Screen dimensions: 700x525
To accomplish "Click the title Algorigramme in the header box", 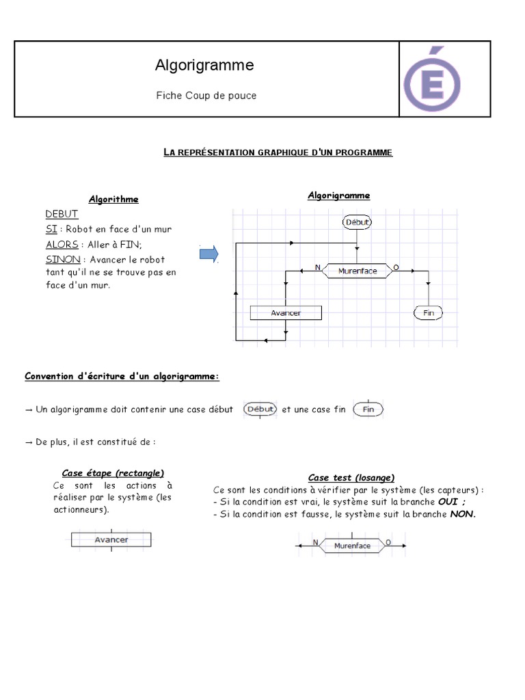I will point(204,65).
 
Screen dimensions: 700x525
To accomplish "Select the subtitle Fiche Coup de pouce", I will point(206,96).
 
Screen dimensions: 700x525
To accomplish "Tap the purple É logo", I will point(431,79).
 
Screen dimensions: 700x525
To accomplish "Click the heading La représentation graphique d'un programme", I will point(278,152).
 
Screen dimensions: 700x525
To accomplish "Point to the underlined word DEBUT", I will point(62,214).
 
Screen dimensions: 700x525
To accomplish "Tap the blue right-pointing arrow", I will point(208,254).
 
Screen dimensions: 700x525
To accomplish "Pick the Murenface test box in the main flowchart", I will point(358,271).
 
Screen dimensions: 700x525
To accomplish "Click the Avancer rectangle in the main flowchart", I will point(286,312).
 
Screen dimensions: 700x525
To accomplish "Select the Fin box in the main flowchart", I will point(429,312).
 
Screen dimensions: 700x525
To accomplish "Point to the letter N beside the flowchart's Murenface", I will point(317,267).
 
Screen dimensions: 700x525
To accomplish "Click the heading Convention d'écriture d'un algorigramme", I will point(122,376).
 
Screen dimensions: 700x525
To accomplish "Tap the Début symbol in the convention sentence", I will point(260,409).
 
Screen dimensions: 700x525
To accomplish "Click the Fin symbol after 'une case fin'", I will point(368,409).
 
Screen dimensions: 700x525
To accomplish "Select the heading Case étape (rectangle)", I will point(113,472).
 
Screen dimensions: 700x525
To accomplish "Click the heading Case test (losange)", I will point(351,477).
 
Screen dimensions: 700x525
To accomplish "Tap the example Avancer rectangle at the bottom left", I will point(111,539).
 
